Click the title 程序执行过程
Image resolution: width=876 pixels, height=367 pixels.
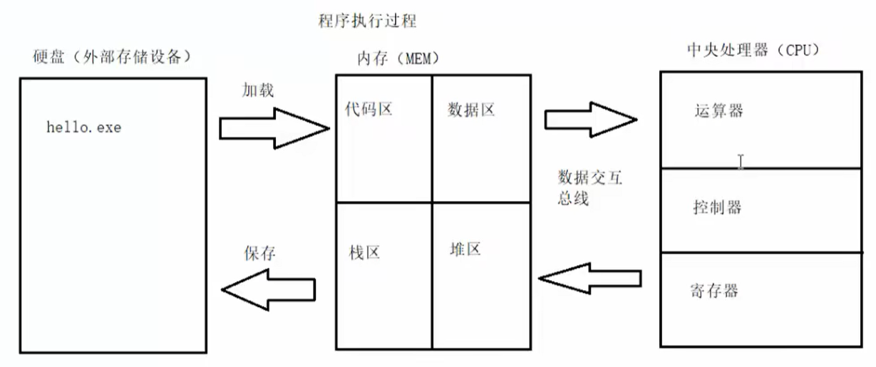pyautogui.click(x=366, y=21)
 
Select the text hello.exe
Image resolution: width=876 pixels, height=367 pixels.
pyautogui.click(x=83, y=128)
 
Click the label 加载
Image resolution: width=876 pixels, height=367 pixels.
pyautogui.click(x=258, y=91)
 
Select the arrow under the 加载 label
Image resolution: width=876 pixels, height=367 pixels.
pyautogui.click(x=274, y=128)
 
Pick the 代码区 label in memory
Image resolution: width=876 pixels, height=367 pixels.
pyautogui.click(x=368, y=109)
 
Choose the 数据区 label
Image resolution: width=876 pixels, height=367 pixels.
pyautogui.click(x=471, y=110)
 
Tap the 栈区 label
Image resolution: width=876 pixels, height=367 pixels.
pyautogui.click(x=364, y=252)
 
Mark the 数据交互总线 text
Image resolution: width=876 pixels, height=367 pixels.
pyautogui.click(x=589, y=187)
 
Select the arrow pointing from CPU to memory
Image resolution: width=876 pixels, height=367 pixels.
pyautogui.click(x=592, y=277)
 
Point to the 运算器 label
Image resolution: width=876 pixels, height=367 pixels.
pyautogui.click(x=718, y=111)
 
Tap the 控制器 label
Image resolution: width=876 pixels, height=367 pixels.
pyautogui.click(x=717, y=207)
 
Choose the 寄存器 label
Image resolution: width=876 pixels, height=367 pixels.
pyautogui.click(x=714, y=290)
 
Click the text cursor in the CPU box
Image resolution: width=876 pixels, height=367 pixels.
pyautogui.click(x=741, y=162)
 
